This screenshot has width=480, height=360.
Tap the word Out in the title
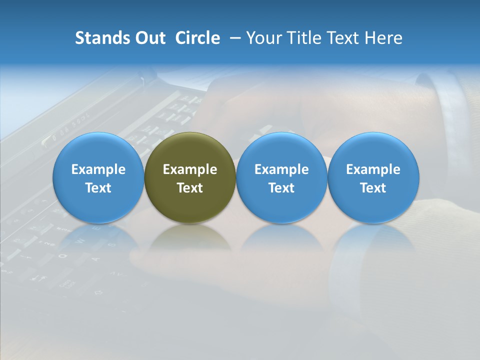tap(148, 38)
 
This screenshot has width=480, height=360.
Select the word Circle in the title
tap(197, 38)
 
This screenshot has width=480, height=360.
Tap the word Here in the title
tap(384, 38)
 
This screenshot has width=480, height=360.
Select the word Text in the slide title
tap(342, 38)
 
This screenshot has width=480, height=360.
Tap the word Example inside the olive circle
tap(190, 169)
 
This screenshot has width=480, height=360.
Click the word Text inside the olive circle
tap(190, 188)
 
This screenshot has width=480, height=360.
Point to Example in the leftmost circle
tap(98, 169)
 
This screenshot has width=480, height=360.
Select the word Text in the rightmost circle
tap(373, 188)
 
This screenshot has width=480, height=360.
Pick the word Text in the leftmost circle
tap(98, 188)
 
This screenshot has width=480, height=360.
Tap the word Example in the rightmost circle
tap(373, 169)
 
